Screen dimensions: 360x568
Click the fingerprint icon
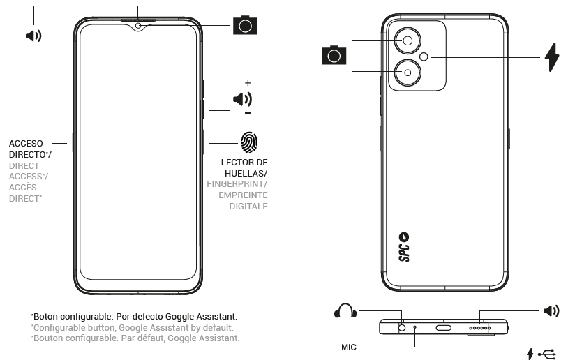coord(249,142)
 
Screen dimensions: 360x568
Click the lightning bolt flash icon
coord(552,57)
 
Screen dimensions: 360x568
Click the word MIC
coord(350,346)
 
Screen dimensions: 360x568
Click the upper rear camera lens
coord(408,41)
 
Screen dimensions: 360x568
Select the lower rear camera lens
coord(408,71)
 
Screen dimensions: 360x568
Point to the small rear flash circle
coord(424,57)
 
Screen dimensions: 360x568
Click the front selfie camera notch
coord(139,27)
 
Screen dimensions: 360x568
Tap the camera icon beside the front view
coord(244,26)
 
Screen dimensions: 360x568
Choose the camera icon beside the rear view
coord(334,55)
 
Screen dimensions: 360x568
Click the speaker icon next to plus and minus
coord(244,99)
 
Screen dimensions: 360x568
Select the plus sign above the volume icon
coord(248,82)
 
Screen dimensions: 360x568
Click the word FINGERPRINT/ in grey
coord(237,184)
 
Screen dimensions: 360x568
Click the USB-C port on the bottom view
coord(444,327)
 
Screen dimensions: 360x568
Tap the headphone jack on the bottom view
coord(403,327)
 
